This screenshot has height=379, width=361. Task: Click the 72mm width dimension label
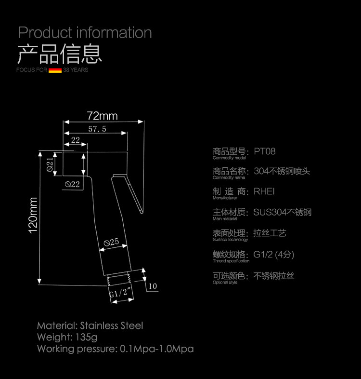tap(102, 116)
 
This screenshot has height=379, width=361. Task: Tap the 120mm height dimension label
tap(33, 216)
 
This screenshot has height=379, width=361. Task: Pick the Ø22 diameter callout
tap(72, 184)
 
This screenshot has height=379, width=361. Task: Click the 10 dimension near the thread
tap(153, 286)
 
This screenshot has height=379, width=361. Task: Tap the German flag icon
tap(55, 70)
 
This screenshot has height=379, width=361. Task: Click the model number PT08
tap(265, 151)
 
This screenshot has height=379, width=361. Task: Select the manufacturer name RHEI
tap(264, 191)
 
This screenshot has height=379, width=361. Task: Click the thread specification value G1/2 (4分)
tap(273, 255)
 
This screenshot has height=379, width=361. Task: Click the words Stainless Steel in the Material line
tap(112, 325)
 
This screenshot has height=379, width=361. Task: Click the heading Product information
tap(85, 33)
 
